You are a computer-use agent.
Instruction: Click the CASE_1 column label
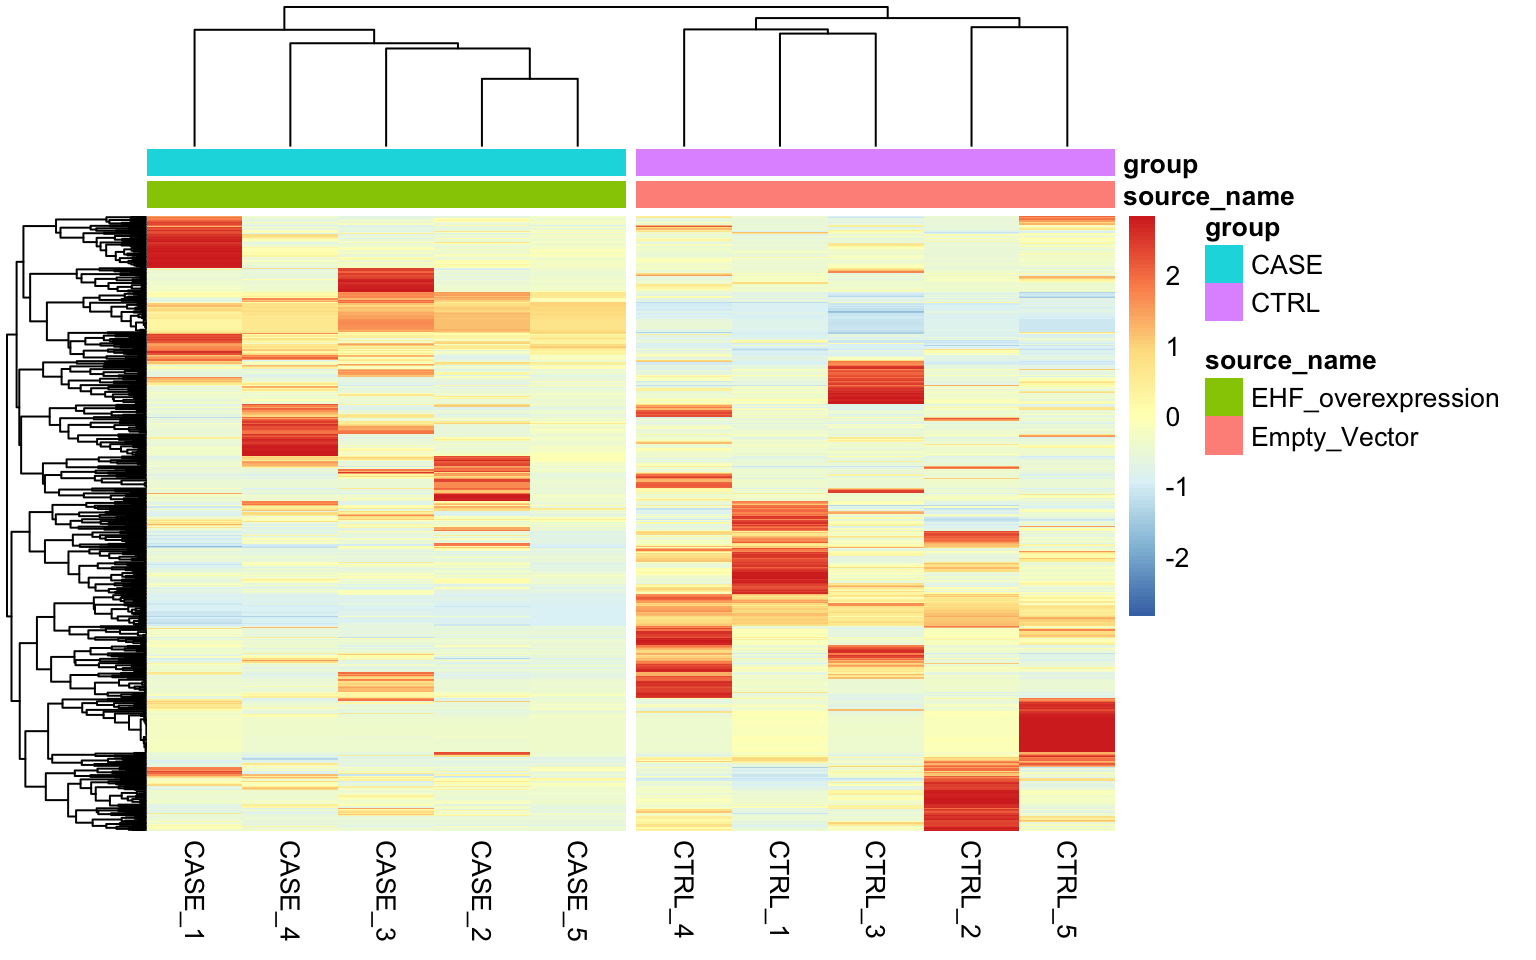point(194,889)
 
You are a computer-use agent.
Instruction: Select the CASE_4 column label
point(290,889)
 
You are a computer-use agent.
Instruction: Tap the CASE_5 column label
point(577,889)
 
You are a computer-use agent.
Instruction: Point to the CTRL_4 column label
point(683,889)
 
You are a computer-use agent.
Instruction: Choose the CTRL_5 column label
point(1066,889)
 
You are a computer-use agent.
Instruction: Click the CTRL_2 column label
point(970,889)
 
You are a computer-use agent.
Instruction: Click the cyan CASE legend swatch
point(1223,264)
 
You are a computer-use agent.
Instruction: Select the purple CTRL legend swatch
point(1223,302)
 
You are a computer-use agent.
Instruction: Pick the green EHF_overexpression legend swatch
point(1223,397)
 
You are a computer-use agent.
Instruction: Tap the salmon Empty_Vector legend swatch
point(1223,436)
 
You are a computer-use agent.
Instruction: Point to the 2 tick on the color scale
point(1172,276)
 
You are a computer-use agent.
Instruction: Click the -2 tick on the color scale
point(1176,558)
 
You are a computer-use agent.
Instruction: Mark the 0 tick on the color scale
point(1172,417)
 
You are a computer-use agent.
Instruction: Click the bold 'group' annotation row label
point(1160,164)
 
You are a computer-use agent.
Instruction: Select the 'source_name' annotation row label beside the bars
point(1208,196)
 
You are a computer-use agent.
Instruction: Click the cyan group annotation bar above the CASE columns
point(386,162)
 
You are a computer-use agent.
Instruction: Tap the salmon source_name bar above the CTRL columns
point(875,194)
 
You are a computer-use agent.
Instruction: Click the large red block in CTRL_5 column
point(1066,726)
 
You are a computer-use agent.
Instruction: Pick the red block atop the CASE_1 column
point(194,242)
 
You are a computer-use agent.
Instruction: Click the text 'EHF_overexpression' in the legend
point(1374,398)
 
